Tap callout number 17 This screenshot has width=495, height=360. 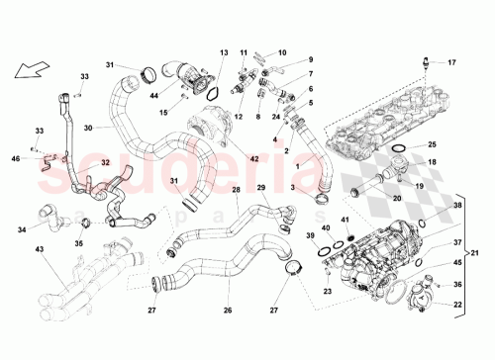pos(452,63)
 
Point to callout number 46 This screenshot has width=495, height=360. pos(16,157)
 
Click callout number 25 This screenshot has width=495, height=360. pos(432,144)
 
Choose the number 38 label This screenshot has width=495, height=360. pos(456,206)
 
